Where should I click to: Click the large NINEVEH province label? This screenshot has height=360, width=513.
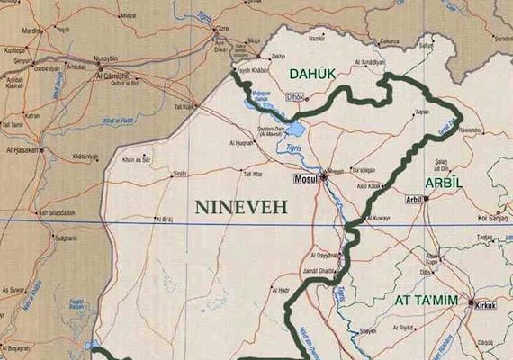(241, 207)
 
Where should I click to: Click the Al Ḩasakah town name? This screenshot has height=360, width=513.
(21, 149)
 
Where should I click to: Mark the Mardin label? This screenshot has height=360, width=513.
(33, 30)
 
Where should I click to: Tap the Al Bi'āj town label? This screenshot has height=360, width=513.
(163, 219)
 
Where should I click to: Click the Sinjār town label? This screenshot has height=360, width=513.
(180, 173)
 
